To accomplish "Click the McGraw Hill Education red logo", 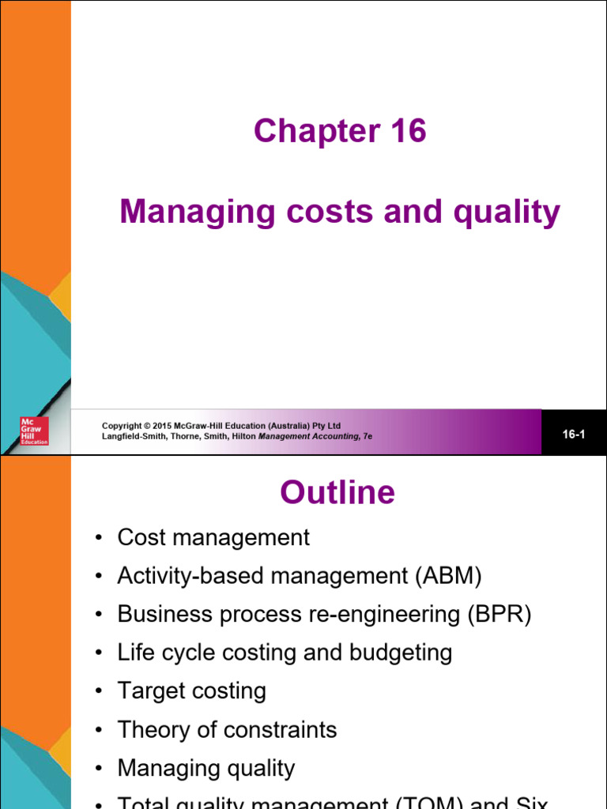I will (x=34, y=431).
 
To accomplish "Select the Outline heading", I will (x=337, y=493).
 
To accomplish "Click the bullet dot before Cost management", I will (x=98, y=538).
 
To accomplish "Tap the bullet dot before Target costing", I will (x=98, y=691).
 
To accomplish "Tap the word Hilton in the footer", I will (x=243, y=436).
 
